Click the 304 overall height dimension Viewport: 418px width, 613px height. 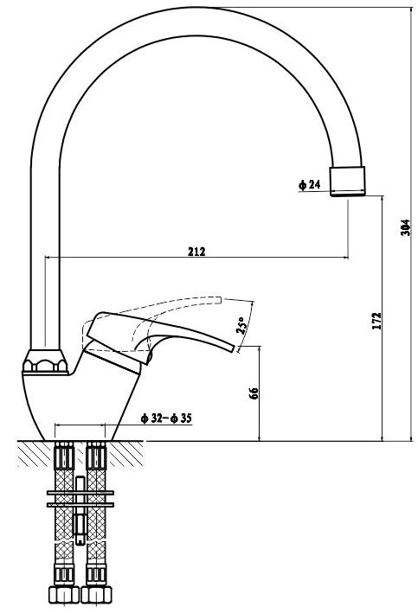coord(406,227)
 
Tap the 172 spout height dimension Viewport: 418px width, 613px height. coord(376,321)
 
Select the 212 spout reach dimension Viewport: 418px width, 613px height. coord(196,252)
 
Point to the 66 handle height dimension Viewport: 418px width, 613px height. coord(254,393)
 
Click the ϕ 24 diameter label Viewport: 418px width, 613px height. coord(309,184)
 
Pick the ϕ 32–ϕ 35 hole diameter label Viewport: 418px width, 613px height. coord(166,418)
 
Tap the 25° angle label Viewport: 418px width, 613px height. coord(241,325)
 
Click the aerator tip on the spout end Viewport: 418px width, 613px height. coord(348,181)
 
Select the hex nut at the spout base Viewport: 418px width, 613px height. coord(45,361)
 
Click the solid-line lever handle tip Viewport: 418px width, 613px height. coord(234,348)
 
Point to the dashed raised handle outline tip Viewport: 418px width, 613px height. coord(219,300)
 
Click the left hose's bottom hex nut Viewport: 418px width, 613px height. coord(64,594)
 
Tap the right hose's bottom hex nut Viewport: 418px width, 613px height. coord(96,594)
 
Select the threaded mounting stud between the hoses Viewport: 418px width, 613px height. coord(80,510)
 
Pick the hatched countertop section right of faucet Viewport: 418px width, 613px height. coord(125,454)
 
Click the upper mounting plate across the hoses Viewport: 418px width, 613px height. coord(80,493)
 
